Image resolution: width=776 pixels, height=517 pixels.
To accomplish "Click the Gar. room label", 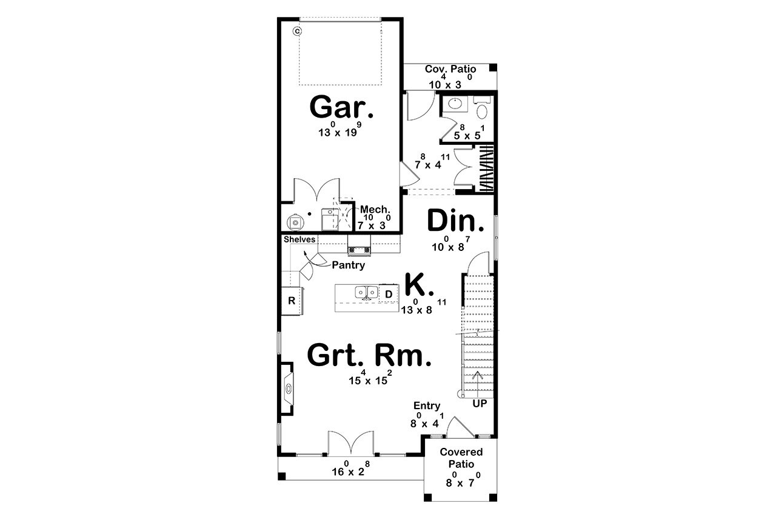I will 341,107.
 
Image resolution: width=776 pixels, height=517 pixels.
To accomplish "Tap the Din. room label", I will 456,221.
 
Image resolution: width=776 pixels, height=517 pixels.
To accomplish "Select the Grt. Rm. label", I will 369,355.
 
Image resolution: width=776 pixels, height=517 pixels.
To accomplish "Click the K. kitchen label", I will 418,284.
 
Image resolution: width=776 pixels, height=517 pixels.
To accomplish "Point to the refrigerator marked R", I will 291,301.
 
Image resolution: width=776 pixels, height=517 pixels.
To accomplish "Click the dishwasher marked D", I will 389,295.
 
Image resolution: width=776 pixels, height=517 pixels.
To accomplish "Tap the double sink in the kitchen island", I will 366,293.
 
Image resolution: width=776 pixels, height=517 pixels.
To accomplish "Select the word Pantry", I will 348,265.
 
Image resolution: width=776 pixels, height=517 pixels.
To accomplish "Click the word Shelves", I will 299,239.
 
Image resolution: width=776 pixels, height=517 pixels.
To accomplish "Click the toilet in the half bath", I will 483,110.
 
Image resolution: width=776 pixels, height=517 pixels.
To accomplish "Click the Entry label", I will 427,405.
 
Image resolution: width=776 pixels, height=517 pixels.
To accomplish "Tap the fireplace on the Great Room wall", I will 288,389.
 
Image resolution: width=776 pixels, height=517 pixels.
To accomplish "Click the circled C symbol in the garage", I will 297,30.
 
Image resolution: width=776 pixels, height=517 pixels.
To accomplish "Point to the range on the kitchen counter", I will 358,248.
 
